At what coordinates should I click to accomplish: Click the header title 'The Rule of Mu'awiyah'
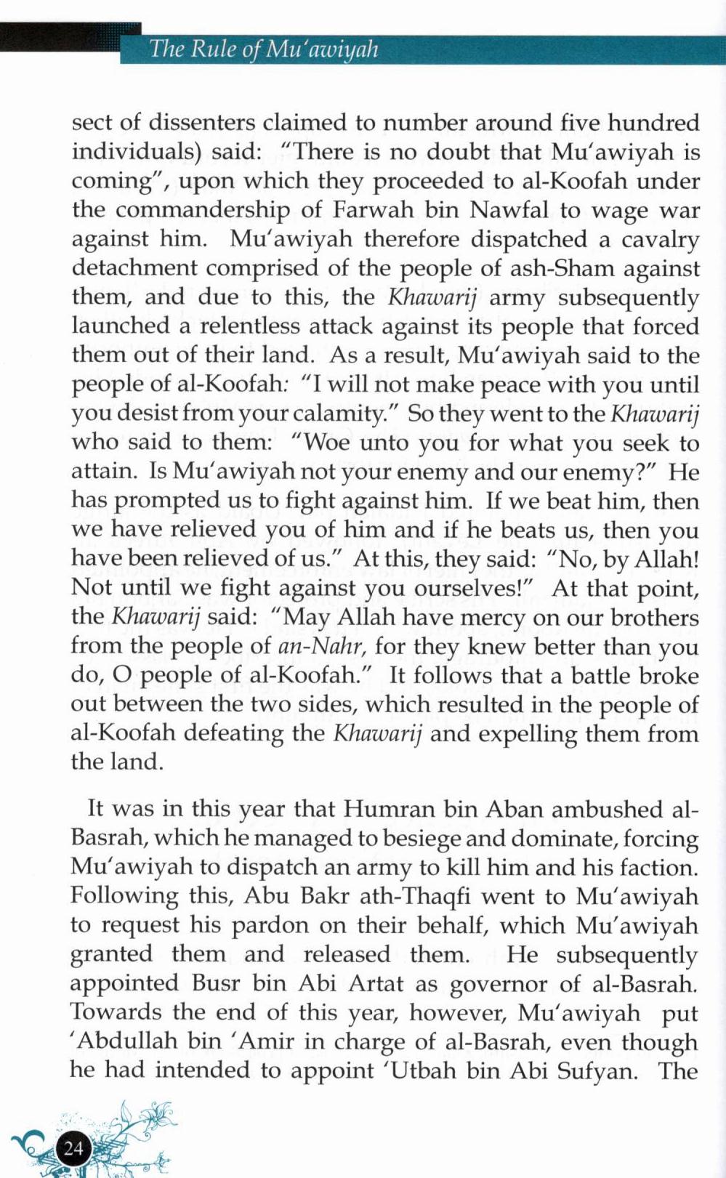point(263,49)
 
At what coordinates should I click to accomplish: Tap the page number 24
point(73,1148)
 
